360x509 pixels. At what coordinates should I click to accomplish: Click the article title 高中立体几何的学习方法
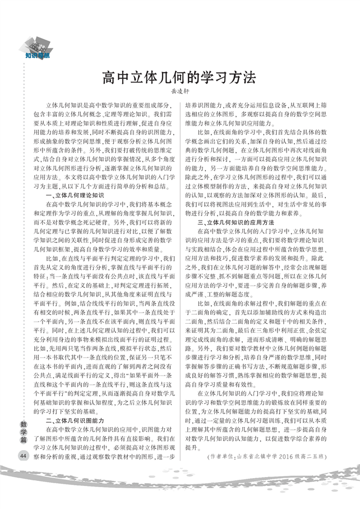pyautogui.click(x=179, y=77)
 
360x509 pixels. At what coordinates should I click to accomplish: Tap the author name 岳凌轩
pyautogui.click(x=180, y=91)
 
